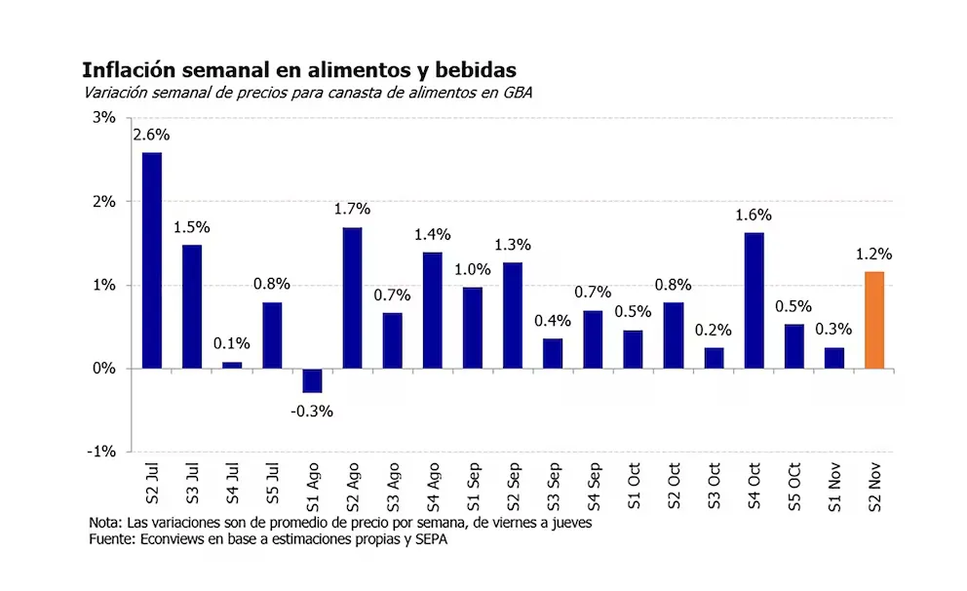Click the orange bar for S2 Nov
874,320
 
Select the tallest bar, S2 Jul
152,260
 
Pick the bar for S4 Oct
754,300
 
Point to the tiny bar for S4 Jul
232,365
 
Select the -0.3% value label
312,411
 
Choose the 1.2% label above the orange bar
873,254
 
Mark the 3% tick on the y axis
103,118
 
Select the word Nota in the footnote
106,523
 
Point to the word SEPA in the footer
434,539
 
